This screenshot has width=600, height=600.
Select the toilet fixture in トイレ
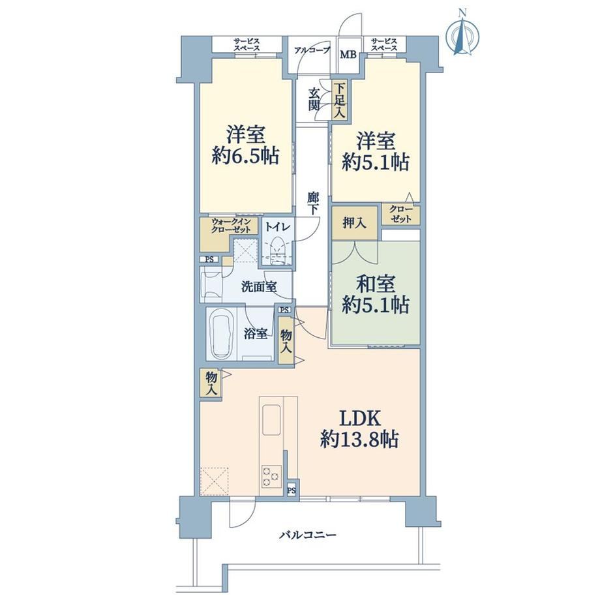(x=278, y=250)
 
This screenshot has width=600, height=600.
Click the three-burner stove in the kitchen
(x=271, y=476)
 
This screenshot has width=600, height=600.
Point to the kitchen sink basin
(x=271, y=419)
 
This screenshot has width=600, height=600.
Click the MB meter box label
(x=348, y=55)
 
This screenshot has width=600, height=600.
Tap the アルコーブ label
(x=312, y=50)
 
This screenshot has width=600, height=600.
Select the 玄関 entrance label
(x=314, y=99)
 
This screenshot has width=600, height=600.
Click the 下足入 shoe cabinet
(x=340, y=101)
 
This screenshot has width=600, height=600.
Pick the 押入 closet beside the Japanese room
(x=355, y=223)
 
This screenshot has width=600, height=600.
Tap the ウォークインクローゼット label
(x=231, y=226)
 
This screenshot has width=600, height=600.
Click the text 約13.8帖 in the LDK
(x=359, y=440)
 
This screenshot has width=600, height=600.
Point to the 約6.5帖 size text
(x=245, y=156)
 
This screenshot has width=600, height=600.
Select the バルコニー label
(x=307, y=534)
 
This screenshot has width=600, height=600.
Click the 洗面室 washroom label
(x=259, y=286)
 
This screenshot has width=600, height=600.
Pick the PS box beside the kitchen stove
(x=292, y=490)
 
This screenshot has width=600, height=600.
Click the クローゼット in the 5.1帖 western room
(x=401, y=215)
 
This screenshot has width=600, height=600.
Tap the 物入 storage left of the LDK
(x=211, y=383)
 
